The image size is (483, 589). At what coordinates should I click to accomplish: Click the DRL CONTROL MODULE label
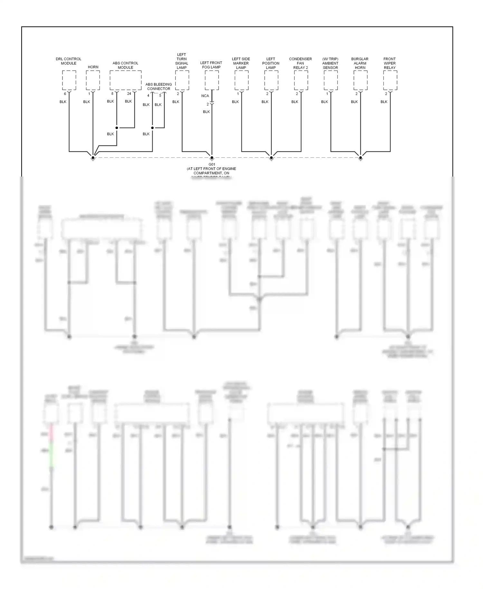[x=69, y=61]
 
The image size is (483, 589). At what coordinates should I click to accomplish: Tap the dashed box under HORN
[x=93, y=80]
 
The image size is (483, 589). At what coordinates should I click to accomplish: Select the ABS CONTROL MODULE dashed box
[x=126, y=80]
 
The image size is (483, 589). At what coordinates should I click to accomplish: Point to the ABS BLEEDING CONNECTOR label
[x=158, y=86]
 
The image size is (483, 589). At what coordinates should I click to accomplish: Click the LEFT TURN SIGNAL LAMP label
[x=182, y=61]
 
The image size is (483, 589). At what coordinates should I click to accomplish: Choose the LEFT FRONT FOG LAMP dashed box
[x=212, y=80]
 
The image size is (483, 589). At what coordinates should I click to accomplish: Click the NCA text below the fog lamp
[x=205, y=96]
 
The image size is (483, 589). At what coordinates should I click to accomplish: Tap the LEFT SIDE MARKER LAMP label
[x=241, y=63]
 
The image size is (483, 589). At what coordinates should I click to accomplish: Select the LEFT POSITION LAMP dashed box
[x=271, y=80]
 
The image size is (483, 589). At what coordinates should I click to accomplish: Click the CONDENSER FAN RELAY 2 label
[x=300, y=63]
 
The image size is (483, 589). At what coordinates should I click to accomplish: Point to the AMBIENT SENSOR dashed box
[x=331, y=80]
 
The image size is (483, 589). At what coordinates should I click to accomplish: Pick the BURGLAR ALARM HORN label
[x=360, y=63]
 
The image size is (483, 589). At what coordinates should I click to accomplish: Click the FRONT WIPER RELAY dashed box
[x=390, y=80]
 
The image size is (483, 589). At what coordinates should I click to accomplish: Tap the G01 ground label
[x=212, y=164]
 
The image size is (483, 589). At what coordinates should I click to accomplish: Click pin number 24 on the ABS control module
[x=129, y=94]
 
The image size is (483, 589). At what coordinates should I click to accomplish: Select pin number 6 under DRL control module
[x=65, y=94]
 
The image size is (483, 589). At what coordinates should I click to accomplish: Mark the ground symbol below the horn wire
[x=93, y=158]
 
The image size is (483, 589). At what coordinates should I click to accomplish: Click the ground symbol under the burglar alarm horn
[x=361, y=158]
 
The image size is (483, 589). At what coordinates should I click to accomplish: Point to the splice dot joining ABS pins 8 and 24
[x=117, y=128]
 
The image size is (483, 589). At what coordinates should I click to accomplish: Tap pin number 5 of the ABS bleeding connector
[x=160, y=96]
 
